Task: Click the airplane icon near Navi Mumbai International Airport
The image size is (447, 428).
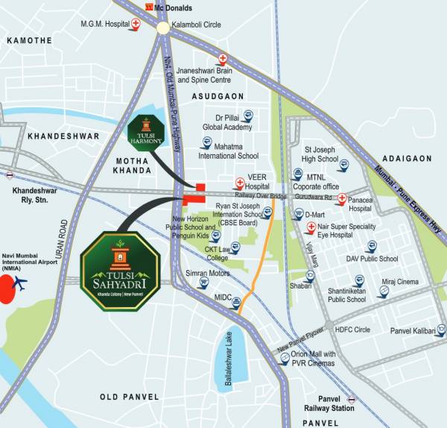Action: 20,284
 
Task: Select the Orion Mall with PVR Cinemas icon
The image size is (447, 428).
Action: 285,359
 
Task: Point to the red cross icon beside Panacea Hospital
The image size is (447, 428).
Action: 341,198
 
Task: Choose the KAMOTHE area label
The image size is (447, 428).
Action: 28,40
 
